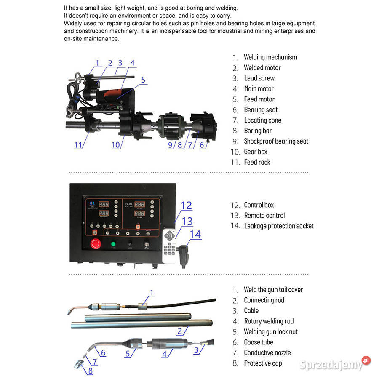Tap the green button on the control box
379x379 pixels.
click(113, 244)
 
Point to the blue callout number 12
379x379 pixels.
click(186, 206)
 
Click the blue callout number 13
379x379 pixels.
click(187, 221)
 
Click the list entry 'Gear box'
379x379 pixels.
click(255, 152)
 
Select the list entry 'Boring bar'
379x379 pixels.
click(258, 131)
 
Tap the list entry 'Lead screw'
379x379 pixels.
click(259, 78)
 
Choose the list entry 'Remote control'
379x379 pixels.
click(264, 216)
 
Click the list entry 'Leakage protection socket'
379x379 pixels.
click(278, 226)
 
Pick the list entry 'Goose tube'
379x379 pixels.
click(258, 342)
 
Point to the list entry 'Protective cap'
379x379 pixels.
click(263, 363)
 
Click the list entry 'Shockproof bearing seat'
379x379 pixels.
click(276, 141)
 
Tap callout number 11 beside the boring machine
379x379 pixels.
click(78, 145)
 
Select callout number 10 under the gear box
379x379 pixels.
click(116, 145)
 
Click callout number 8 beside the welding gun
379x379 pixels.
click(90, 371)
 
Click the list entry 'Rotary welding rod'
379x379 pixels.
click(269, 321)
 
